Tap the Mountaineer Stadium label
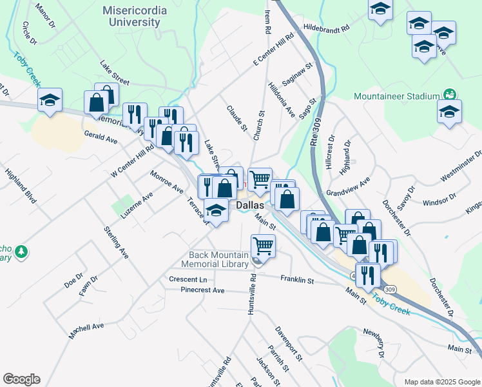[x=396, y=97]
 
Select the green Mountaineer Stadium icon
[x=450, y=94]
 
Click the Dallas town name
[x=250, y=205]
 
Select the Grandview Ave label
[x=347, y=187]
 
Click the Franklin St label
[x=296, y=280]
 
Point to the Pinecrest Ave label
[x=202, y=290]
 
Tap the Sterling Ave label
[x=116, y=243]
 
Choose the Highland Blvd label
[x=21, y=186]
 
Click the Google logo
[x=21, y=379]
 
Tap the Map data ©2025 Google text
[x=441, y=381]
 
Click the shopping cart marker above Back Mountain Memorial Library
[x=263, y=246]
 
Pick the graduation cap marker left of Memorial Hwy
[x=50, y=101]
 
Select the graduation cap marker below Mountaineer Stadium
[x=449, y=111]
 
